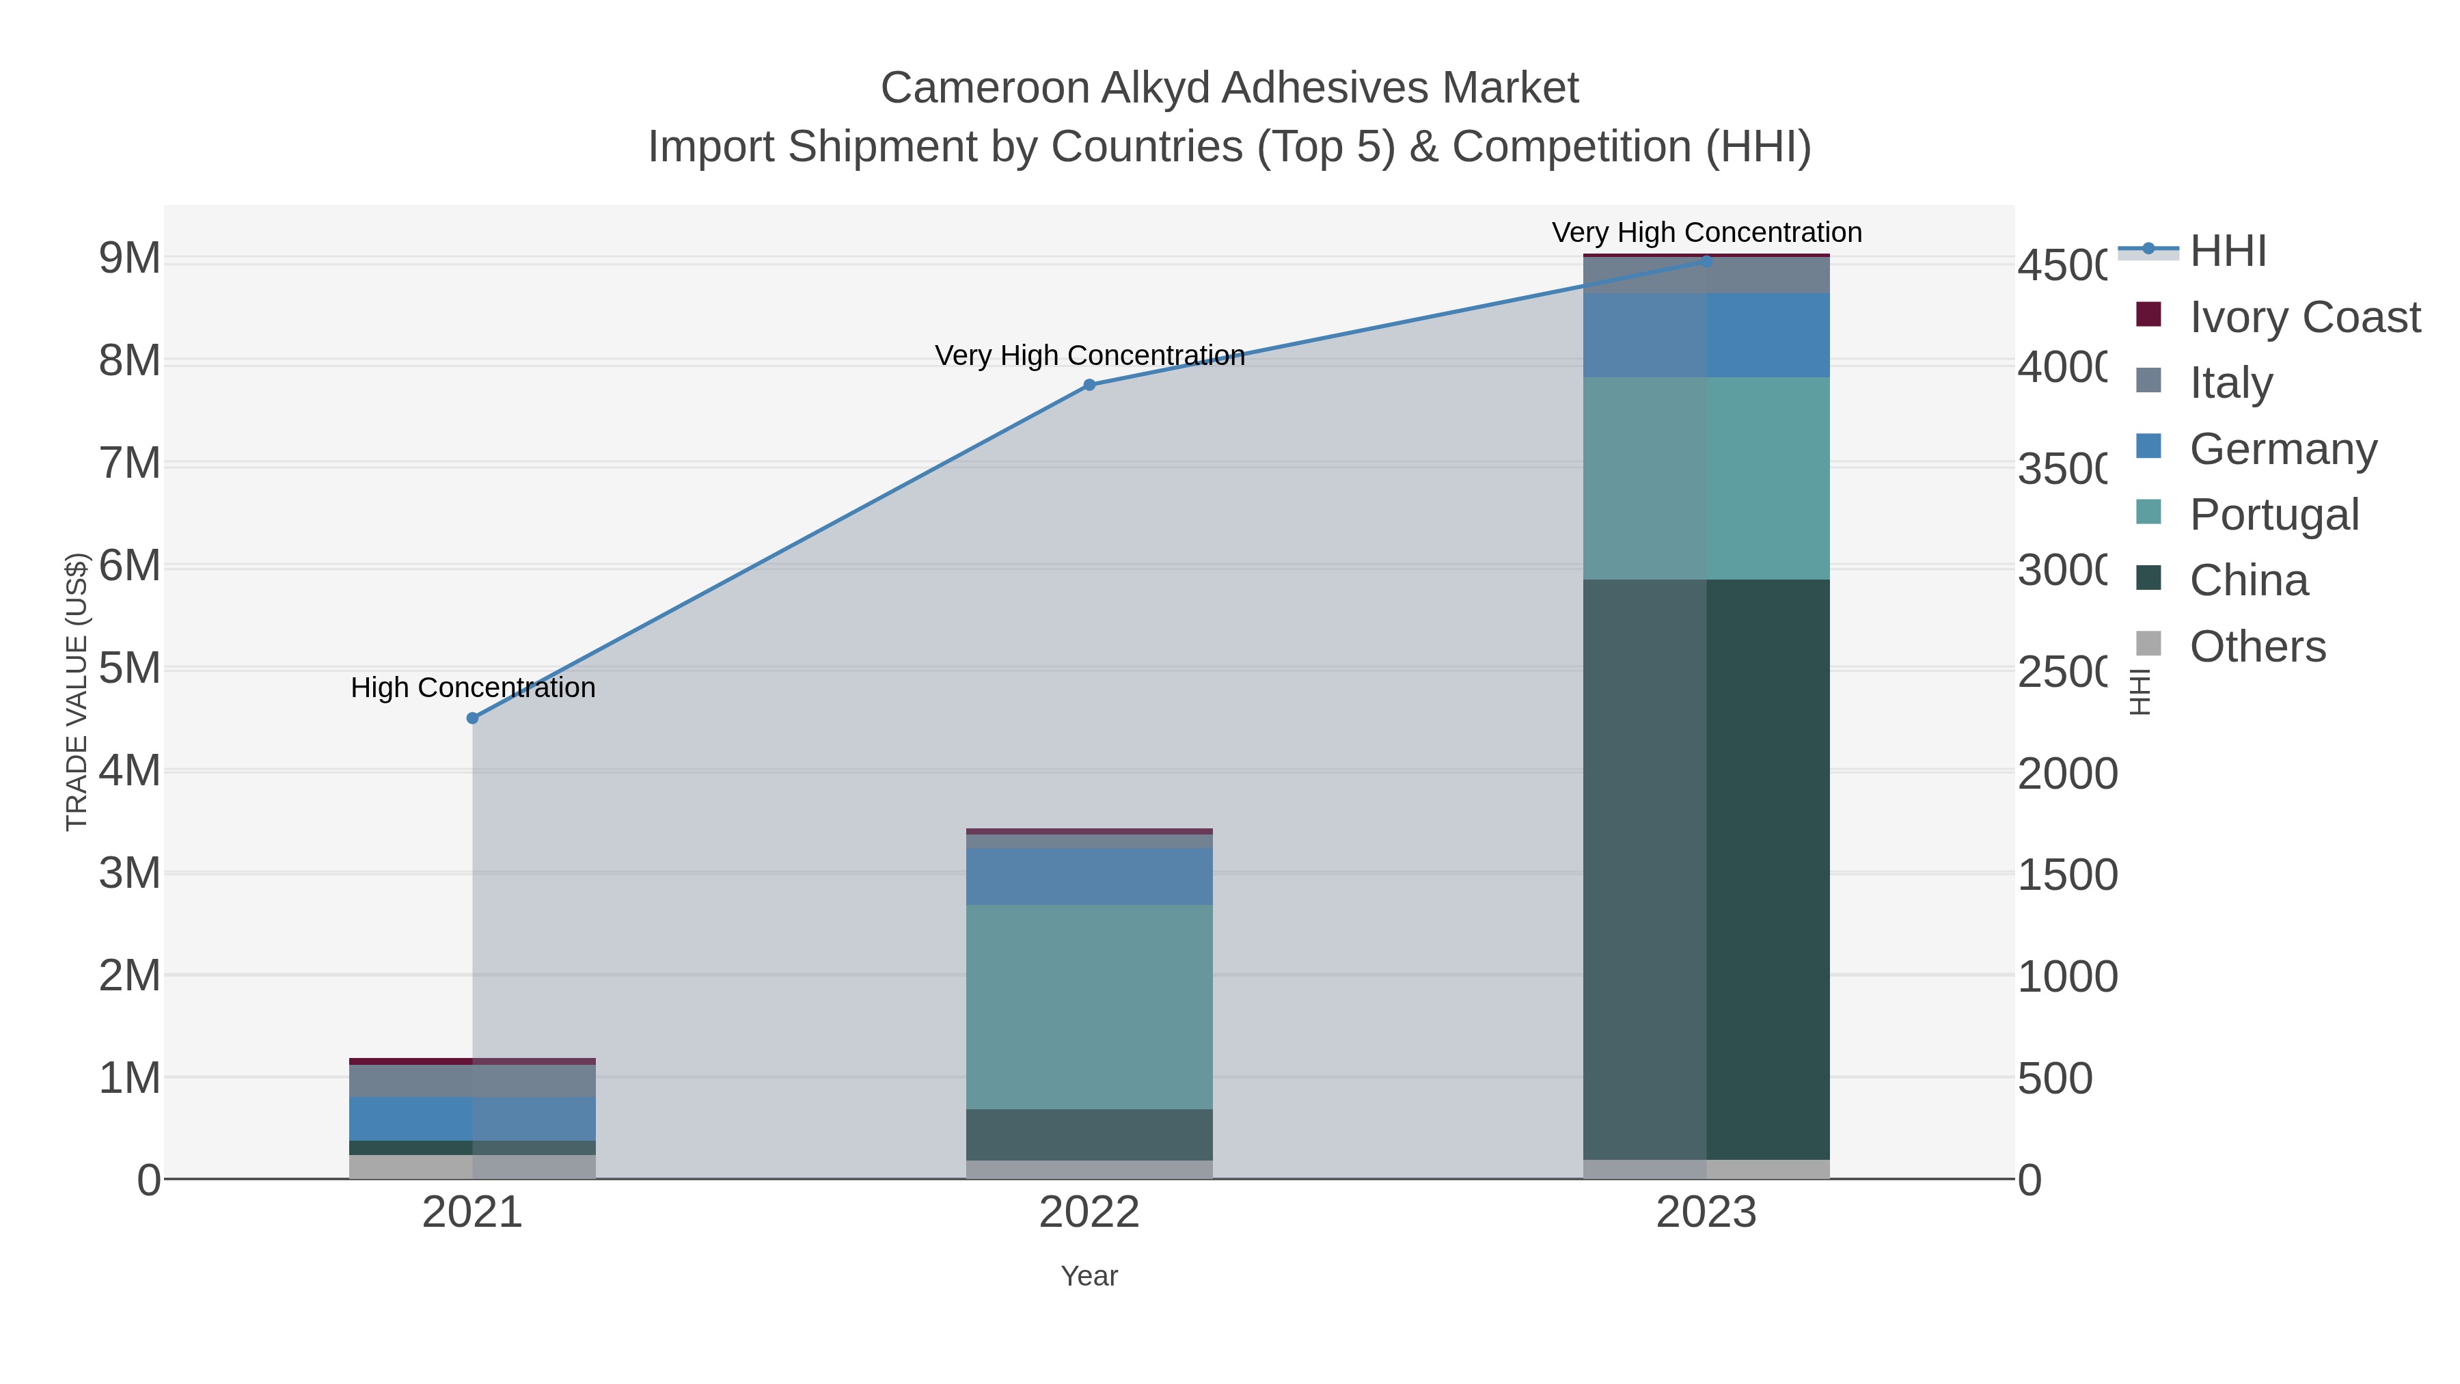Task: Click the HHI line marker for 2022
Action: click(1090, 385)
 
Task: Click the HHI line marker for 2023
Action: click(1706, 261)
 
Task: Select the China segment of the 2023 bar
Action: click(1706, 869)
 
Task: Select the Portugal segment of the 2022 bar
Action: click(1090, 1007)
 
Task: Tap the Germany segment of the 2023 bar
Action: click(1706, 336)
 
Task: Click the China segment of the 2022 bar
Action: click(1090, 1135)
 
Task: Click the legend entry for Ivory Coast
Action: click(2304, 317)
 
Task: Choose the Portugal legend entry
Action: click(2273, 515)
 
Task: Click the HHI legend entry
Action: click(2227, 252)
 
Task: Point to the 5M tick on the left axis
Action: click(130, 668)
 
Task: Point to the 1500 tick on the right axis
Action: click(2066, 875)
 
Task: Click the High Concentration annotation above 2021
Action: click(473, 688)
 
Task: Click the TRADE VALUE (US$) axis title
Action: click(77, 692)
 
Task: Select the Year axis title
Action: click(1090, 1276)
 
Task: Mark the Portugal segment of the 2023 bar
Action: click(1706, 478)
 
